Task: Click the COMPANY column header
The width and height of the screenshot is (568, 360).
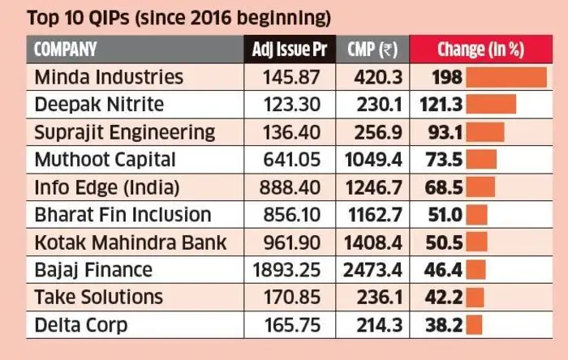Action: (66, 49)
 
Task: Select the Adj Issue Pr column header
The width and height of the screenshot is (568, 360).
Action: (290, 49)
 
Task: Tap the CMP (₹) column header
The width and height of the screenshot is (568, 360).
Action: (372, 49)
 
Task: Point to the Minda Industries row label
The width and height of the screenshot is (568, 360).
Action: (109, 77)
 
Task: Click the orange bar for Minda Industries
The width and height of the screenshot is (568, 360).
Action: (506, 77)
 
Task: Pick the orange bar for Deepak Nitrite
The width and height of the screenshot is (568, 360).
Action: (492, 105)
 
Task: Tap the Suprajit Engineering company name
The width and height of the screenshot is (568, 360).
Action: (124, 132)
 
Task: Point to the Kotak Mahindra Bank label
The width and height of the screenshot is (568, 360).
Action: (130, 242)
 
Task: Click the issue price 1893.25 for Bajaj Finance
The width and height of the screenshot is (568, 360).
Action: (289, 270)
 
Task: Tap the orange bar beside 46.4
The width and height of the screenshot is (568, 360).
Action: (476, 270)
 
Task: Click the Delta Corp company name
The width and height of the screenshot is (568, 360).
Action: (80, 325)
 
